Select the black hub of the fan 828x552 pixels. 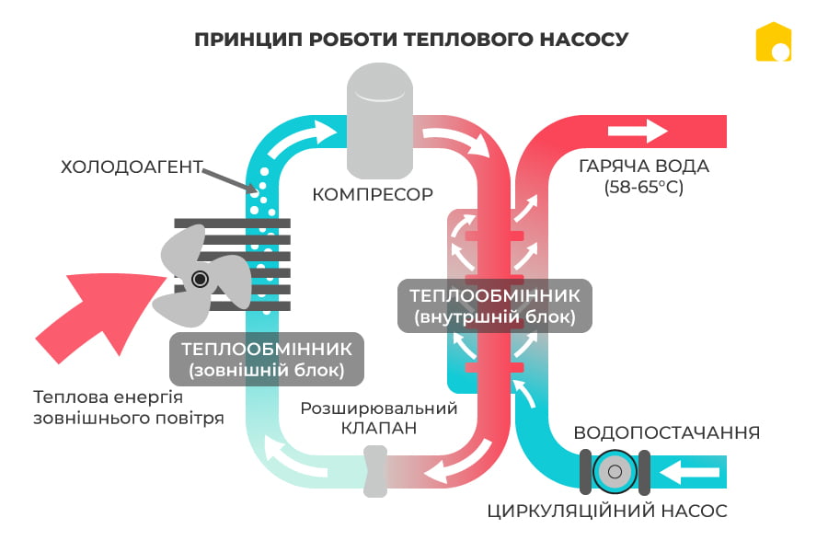(200, 279)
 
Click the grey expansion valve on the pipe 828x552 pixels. (374, 471)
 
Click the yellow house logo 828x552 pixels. (774, 42)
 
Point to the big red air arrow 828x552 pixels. (92, 313)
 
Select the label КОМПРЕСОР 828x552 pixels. (373, 195)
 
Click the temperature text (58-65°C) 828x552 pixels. (644, 188)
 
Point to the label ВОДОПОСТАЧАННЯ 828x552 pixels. (667, 432)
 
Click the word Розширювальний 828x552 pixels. (379, 408)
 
